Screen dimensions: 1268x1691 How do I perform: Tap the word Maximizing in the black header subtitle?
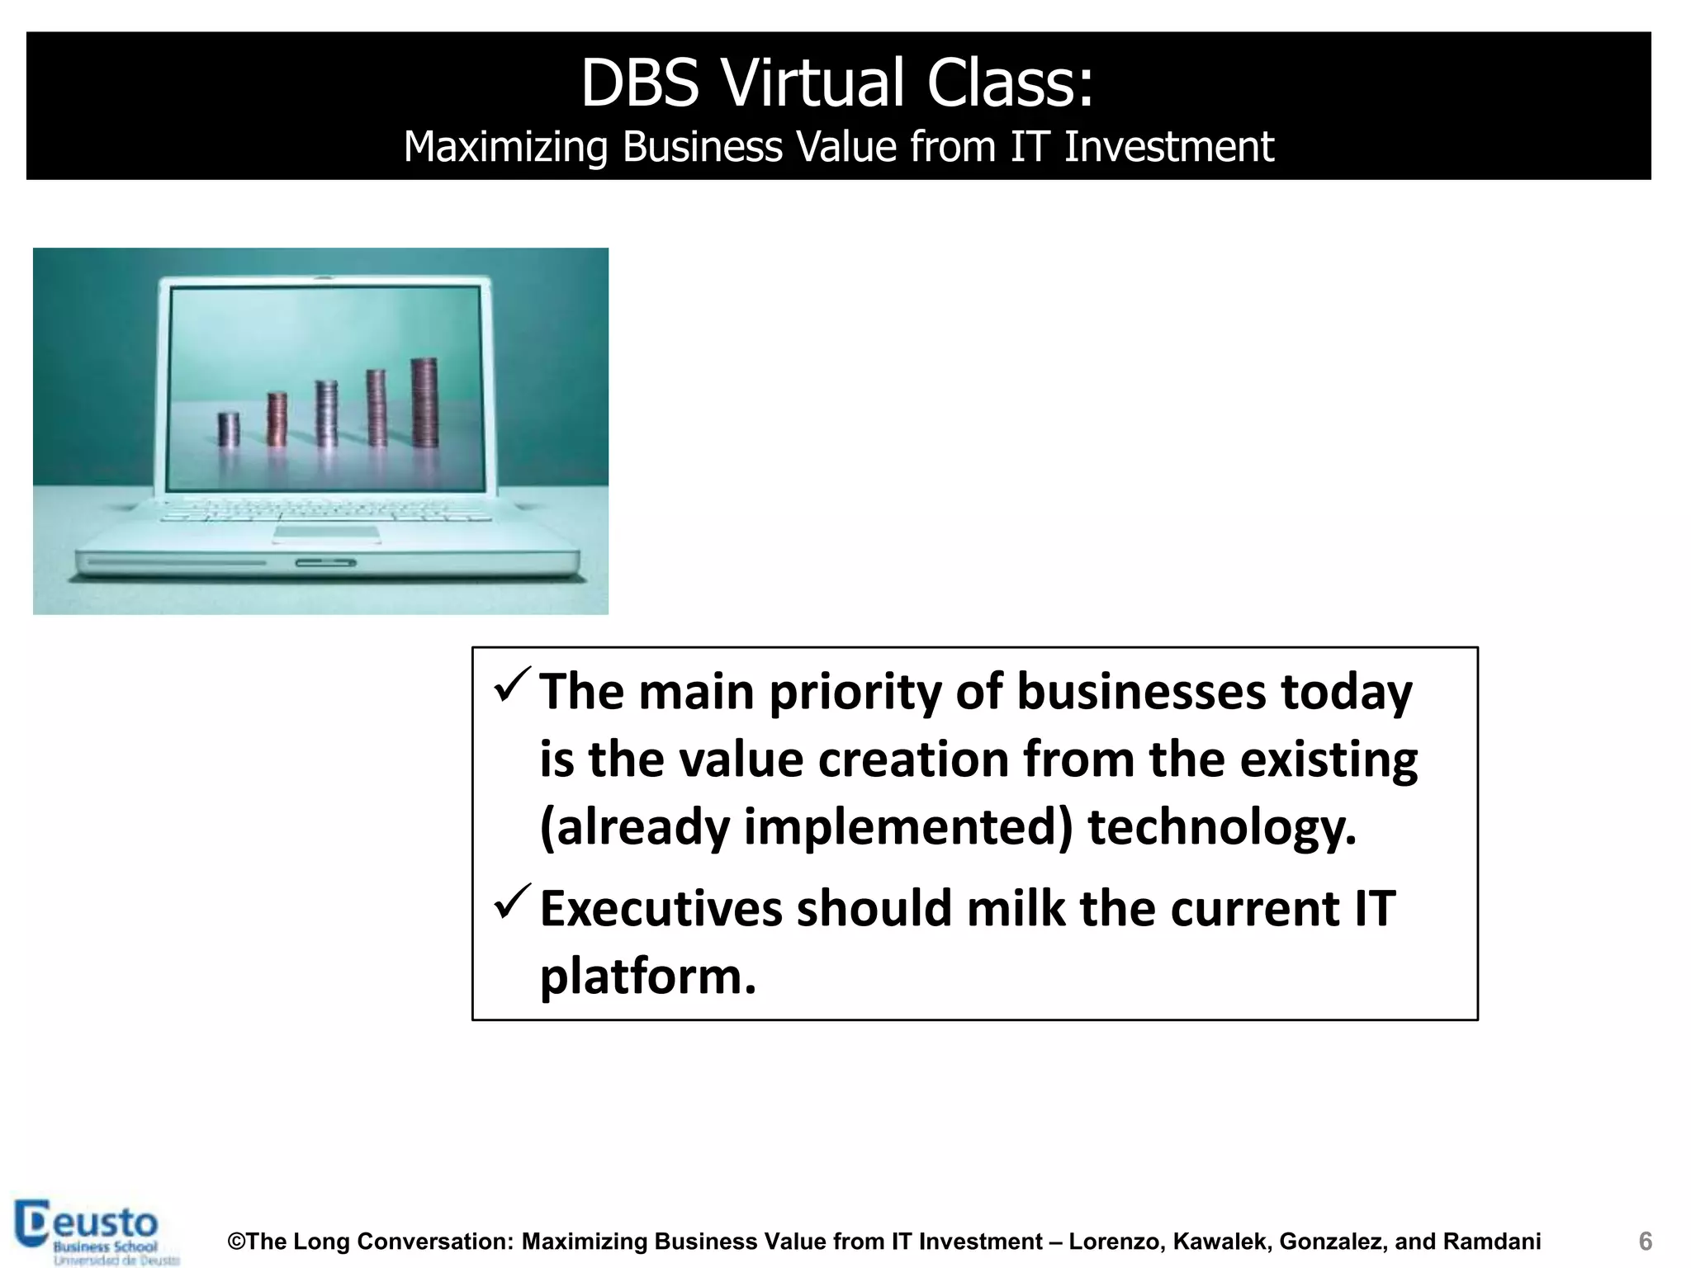(x=505, y=147)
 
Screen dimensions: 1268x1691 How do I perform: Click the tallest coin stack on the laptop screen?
(x=424, y=403)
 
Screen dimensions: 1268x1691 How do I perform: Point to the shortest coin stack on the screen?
(x=229, y=429)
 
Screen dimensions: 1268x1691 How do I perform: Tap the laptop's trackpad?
(x=327, y=534)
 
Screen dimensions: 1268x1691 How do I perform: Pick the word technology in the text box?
(x=1221, y=827)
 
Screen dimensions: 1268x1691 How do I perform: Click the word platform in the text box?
(x=647, y=977)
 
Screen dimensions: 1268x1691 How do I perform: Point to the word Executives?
(x=661, y=909)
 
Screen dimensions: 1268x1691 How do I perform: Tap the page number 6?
(x=1645, y=1242)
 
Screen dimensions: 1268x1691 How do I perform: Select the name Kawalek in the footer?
(x=1220, y=1242)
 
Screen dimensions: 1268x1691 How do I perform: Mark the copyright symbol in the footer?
(x=236, y=1242)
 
